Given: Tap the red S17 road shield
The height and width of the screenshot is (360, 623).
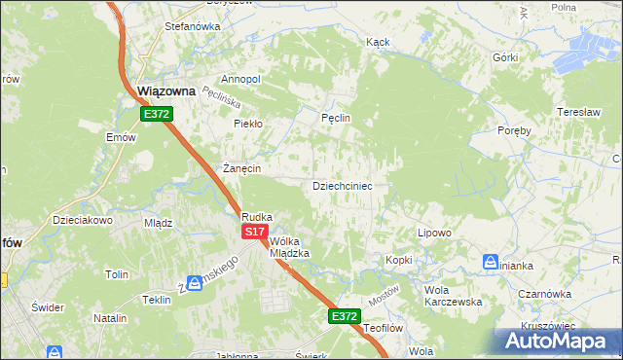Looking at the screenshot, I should click(254, 232).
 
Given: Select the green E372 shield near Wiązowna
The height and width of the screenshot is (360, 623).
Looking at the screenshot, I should click(157, 114).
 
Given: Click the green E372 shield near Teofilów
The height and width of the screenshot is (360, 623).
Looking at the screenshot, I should click(344, 316).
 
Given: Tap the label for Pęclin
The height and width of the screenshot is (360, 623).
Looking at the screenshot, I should click(335, 118).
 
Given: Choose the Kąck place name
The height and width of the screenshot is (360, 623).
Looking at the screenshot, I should click(378, 43).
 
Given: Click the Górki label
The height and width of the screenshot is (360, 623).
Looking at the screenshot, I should click(505, 57).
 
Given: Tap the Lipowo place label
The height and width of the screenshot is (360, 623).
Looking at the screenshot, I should click(434, 234).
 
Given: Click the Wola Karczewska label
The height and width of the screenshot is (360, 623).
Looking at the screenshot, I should click(453, 296).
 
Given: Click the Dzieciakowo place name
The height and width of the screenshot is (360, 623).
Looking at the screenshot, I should click(84, 220).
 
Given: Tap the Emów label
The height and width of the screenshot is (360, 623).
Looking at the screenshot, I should click(121, 137).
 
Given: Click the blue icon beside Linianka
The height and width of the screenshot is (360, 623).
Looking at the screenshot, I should click(490, 261).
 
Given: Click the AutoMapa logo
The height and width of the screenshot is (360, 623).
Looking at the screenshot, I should click(558, 341).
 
